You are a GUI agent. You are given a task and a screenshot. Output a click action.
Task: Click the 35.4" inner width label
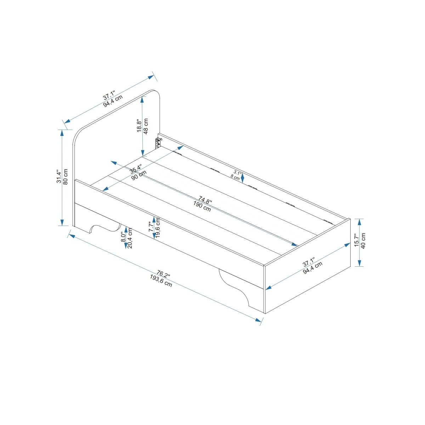[136, 169]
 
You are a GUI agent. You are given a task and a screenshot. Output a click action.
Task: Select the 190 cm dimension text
[202, 206]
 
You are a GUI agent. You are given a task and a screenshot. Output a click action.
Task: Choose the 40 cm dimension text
[364, 242]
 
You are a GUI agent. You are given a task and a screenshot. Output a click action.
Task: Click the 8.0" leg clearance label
[123, 237]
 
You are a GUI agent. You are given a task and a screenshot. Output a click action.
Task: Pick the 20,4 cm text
[130, 238]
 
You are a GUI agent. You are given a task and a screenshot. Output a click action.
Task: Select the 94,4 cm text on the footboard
[313, 268]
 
